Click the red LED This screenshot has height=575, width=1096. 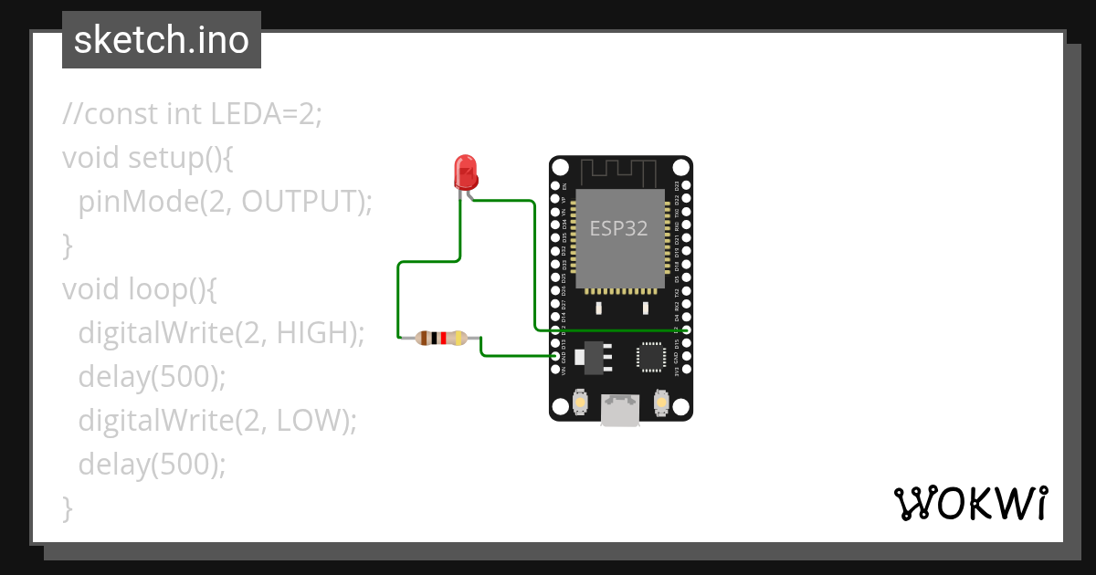click(466, 172)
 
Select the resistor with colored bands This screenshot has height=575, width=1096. click(442, 339)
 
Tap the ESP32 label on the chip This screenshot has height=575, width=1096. click(618, 228)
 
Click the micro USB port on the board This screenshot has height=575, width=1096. click(620, 411)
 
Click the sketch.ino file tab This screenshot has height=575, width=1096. click(162, 40)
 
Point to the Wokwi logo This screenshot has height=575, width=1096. click(969, 504)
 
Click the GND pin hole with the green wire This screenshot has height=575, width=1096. click(556, 356)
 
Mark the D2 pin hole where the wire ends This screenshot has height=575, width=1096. click(686, 329)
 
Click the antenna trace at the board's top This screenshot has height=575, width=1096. click(619, 171)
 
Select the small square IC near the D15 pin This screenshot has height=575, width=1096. click(650, 356)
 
